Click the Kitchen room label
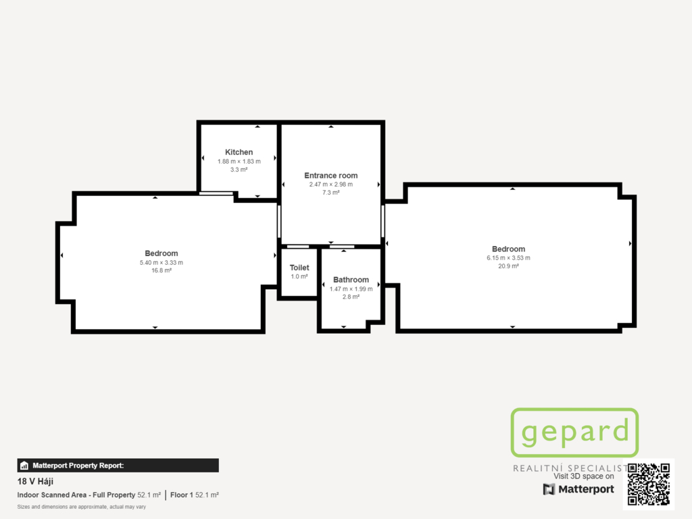(239, 152)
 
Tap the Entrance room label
(331, 176)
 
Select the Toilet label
(299, 268)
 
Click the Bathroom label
(351, 280)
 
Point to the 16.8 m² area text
(162, 270)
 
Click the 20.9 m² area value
(508, 266)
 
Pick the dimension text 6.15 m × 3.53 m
(508, 258)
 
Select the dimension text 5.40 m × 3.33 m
(162, 263)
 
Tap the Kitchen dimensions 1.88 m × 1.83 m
(239, 162)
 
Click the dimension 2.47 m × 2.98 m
(331, 184)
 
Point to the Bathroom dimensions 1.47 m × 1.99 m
(351, 289)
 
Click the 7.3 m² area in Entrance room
(331, 193)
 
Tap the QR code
(648, 484)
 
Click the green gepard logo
(574, 432)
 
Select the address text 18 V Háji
(35, 481)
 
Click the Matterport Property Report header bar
(118, 465)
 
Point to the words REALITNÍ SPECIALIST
(570, 468)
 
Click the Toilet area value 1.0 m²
(299, 276)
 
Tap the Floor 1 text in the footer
(181, 495)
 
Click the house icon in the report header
(24, 466)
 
